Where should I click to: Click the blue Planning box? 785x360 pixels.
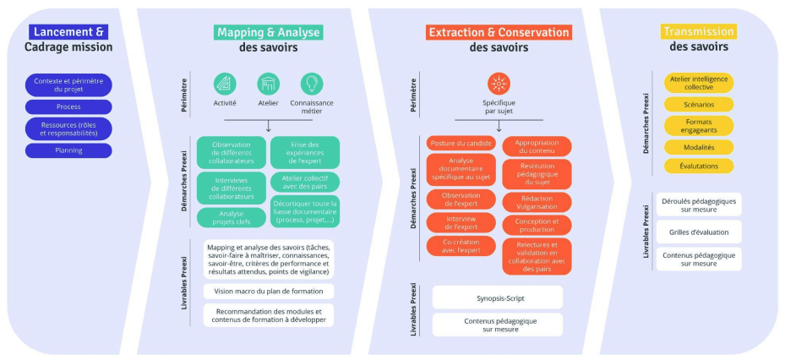(68, 150)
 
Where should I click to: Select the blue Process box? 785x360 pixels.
(68, 107)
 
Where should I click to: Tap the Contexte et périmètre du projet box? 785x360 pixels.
(68, 85)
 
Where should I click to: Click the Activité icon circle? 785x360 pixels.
(225, 84)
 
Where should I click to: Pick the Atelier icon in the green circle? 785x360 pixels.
(269, 84)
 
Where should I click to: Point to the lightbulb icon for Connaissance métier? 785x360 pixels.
(313, 84)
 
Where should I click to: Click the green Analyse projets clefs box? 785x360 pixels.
(232, 217)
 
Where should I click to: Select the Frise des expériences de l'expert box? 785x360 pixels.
(304, 152)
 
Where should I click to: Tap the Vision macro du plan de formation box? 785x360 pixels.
(269, 291)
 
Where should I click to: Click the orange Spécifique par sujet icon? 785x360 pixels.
(499, 84)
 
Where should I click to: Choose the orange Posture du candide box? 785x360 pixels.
(460, 143)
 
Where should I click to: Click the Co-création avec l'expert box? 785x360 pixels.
(460, 246)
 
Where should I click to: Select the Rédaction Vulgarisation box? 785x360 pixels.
(537, 202)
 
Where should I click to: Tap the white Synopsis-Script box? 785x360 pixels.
(498, 297)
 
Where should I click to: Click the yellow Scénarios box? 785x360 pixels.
(699, 105)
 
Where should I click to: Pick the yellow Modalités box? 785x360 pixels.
(699, 147)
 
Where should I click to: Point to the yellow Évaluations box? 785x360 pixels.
(699, 166)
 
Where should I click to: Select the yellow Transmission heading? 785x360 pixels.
(698, 31)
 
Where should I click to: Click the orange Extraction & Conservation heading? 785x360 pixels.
(499, 32)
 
